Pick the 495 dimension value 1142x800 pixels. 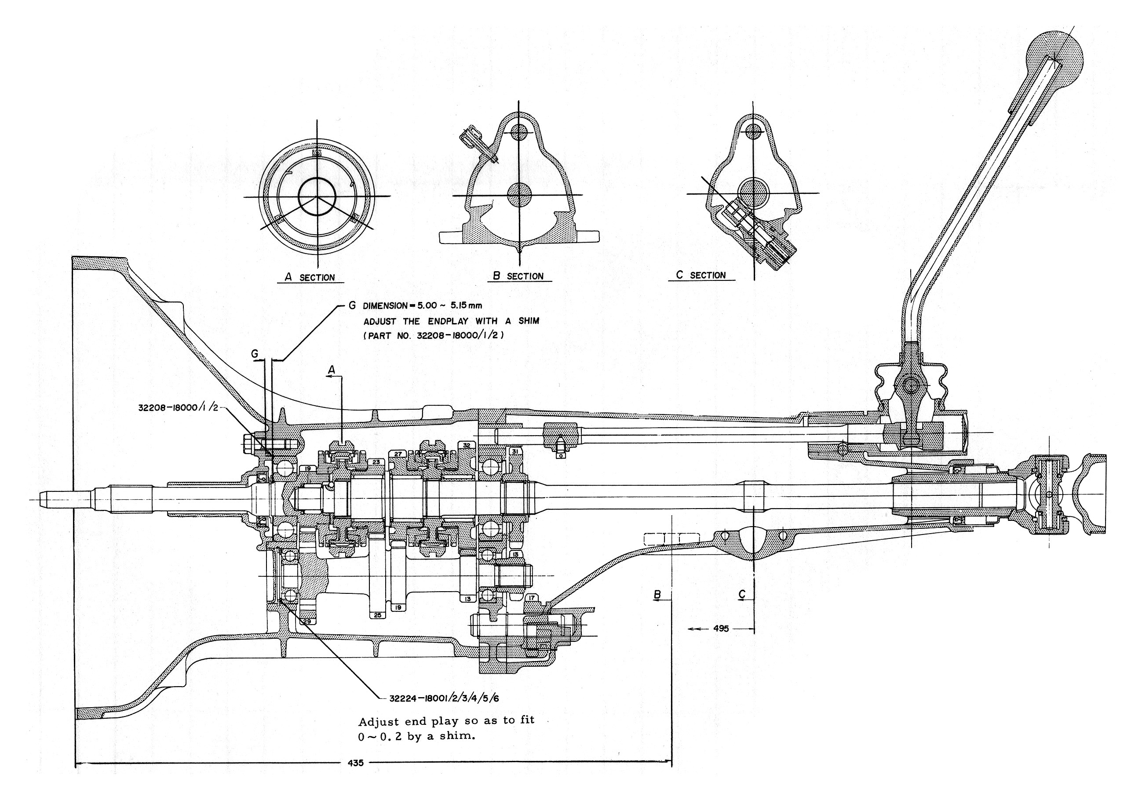coord(721,629)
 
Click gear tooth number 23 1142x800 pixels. coord(376,462)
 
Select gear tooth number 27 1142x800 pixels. coord(398,454)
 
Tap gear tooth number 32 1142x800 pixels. coord(467,445)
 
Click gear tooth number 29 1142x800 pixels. coord(307,622)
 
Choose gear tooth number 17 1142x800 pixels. coord(532,598)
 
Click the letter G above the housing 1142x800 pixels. coord(255,353)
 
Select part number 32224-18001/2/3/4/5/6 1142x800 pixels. coord(444,698)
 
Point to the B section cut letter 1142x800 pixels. coord(657,594)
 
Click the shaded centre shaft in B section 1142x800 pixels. coord(519,194)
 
